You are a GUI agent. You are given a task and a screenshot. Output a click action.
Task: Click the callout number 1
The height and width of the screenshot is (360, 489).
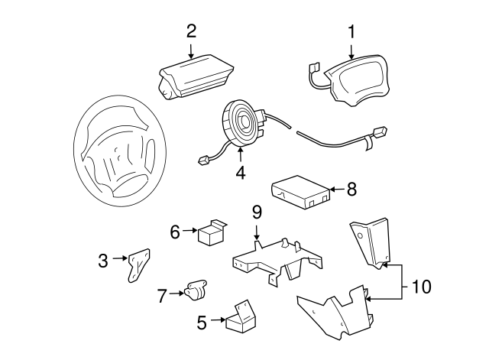pyautogui.click(x=352, y=32)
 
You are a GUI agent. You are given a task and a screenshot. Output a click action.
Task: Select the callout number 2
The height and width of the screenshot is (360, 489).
pyautogui.click(x=191, y=31)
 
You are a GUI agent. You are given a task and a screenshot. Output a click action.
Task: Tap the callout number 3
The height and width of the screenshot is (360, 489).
pyautogui.click(x=103, y=261)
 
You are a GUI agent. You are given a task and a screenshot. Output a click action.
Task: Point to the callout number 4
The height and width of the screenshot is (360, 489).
pyautogui.click(x=240, y=173)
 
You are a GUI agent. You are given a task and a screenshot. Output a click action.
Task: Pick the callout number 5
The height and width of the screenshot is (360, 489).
pyautogui.click(x=202, y=323)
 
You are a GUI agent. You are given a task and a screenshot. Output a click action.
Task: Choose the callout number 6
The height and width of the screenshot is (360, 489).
pyautogui.click(x=175, y=230)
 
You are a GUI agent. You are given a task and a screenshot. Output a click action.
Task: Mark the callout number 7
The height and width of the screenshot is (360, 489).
pyautogui.click(x=161, y=295)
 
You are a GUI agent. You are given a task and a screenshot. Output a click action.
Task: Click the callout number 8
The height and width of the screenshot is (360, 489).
pyautogui.click(x=351, y=190)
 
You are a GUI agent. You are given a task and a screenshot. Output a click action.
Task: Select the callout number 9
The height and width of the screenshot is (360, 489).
pyautogui.click(x=257, y=212)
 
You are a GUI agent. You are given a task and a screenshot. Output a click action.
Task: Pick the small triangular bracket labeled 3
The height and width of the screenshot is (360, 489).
pyautogui.click(x=138, y=264)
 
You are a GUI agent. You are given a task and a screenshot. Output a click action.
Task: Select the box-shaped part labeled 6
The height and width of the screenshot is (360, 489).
pyautogui.click(x=211, y=232)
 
